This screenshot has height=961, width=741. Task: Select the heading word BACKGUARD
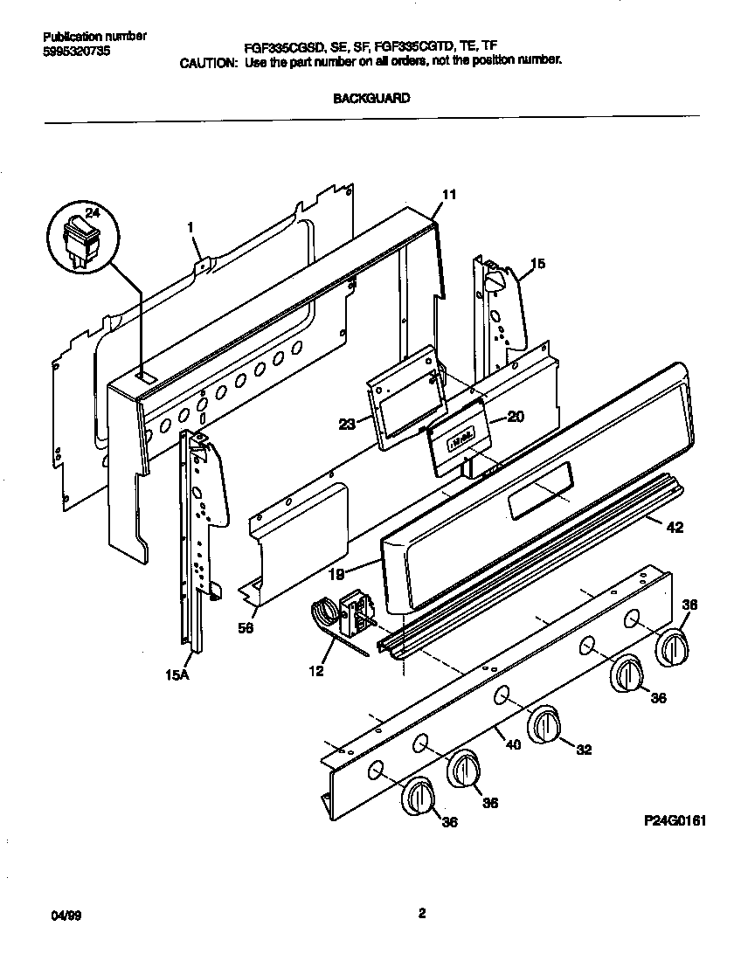[371, 99]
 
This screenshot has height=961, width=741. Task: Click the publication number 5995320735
[76, 52]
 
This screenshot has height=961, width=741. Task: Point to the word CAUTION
[208, 63]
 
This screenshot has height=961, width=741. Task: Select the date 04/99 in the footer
[55, 914]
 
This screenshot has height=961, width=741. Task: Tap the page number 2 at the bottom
[421, 914]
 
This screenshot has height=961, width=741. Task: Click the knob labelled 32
[544, 724]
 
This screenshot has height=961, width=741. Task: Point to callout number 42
[675, 527]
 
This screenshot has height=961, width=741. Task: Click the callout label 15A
[178, 674]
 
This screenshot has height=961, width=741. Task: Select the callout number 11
[448, 196]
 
